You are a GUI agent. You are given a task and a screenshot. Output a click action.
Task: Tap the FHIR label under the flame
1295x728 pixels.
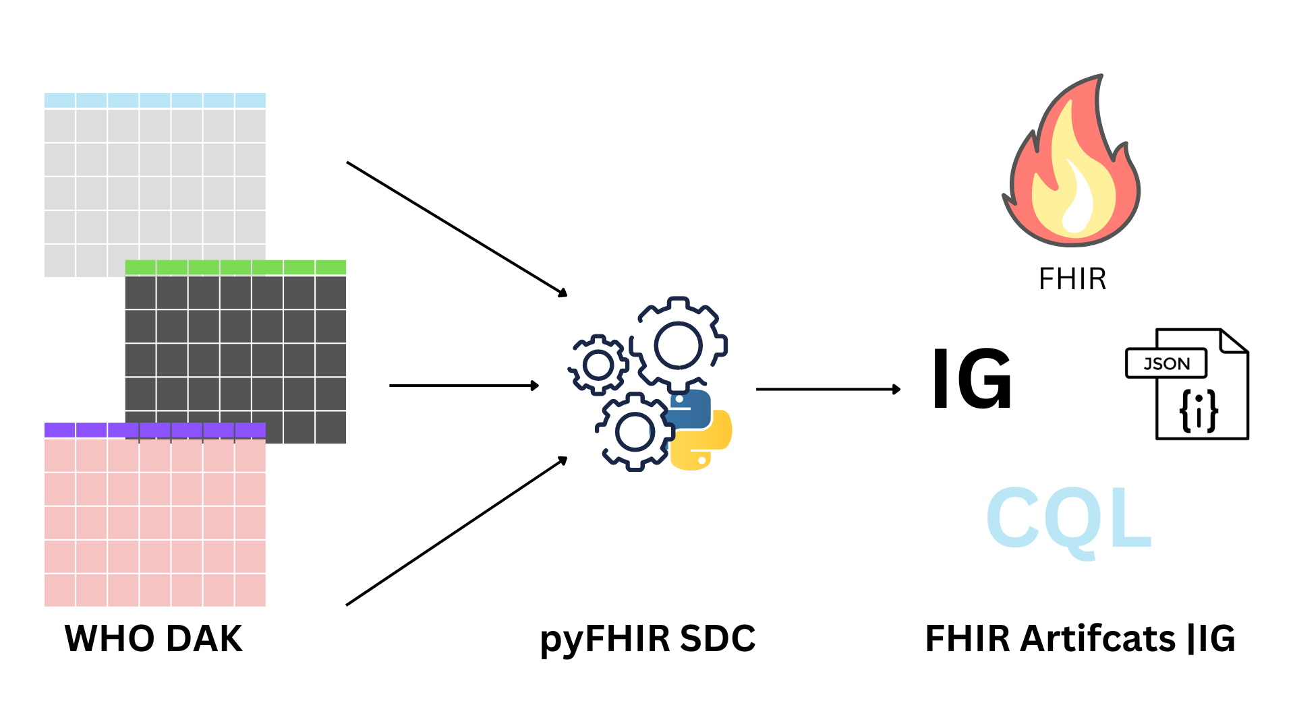pyautogui.click(x=1072, y=279)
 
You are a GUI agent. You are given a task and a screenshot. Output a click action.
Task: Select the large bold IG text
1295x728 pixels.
pyautogui.click(x=972, y=379)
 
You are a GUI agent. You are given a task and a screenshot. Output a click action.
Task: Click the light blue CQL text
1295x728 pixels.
pyautogui.click(x=1068, y=519)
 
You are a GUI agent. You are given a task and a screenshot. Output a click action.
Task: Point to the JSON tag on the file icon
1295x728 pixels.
pyautogui.click(x=1166, y=364)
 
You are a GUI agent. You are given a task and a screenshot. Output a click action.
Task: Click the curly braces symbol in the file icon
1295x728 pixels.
pyautogui.click(x=1199, y=411)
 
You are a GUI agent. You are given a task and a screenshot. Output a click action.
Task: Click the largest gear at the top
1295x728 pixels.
pyautogui.click(x=679, y=344)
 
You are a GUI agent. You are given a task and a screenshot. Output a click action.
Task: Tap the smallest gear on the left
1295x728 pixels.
pyautogui.click(x=598, y=365)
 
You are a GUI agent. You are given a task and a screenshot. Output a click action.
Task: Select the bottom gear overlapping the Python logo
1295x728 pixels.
pyautogui.click(x=634, y=431)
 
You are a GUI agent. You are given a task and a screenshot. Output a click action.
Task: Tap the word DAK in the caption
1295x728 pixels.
pyautogui.click(x=204, y=638)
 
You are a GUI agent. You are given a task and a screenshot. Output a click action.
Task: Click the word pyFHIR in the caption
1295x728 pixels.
pyautogui.click(x=605, y=639)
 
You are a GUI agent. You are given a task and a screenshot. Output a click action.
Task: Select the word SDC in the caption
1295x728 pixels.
pyautogui.click(x=718, y=638)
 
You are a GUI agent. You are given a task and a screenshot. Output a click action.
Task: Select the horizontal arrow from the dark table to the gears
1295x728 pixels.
pyautogui.click(x=463, y=386)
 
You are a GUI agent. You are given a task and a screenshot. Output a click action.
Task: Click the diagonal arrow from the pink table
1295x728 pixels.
pyautogui.click(x=457, y=531)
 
